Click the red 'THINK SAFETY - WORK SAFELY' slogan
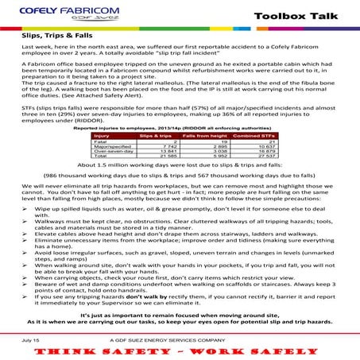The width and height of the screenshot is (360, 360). tap(180, 350)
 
